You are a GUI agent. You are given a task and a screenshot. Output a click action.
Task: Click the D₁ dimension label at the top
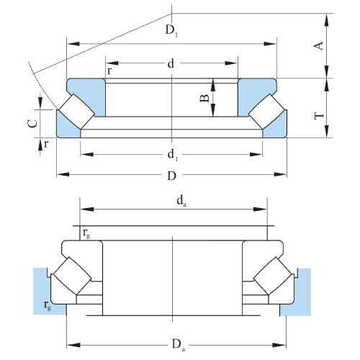(171, 30)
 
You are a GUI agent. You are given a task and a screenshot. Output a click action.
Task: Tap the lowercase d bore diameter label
(171, 63)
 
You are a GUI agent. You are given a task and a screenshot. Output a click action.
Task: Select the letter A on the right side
(319, 46)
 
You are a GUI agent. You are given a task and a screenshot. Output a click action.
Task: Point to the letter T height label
(319, 116)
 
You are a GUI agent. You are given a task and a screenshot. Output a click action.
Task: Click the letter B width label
(204, 98)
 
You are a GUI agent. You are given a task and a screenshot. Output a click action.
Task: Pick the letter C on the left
(32, 123)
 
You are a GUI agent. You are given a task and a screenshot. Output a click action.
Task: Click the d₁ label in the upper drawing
(173, 155)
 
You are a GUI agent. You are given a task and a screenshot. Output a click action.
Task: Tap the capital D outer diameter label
(172, 176)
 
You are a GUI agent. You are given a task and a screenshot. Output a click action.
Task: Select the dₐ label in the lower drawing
(181, 201)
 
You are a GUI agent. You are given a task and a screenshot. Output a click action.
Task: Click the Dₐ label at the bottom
(179, 345)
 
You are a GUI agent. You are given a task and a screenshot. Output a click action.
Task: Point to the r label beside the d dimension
(109, 71)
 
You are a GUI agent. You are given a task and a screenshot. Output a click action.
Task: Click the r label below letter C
(46, 144)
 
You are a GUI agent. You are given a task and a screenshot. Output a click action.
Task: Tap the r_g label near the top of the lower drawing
(86, 233)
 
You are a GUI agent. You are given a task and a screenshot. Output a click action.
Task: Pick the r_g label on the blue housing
(48, 305)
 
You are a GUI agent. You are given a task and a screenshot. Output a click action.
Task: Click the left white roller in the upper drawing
(77, 112)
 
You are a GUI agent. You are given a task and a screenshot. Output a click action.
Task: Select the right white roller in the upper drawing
(266, 112)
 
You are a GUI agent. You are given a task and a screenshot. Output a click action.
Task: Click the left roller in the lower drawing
(72, 276)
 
